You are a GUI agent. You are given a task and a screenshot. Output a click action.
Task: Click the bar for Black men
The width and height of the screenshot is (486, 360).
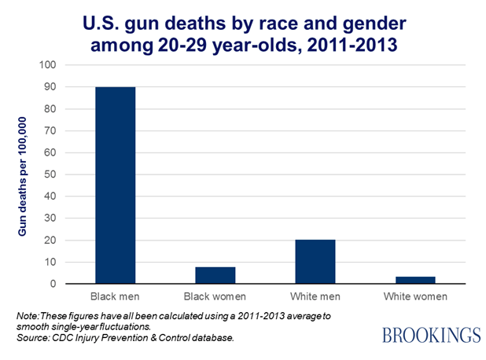pos(115,185)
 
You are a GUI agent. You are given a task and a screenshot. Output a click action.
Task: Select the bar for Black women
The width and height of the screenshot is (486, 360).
pos(215,275)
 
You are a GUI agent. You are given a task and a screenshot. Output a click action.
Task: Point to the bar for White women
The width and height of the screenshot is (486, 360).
pos(415,280)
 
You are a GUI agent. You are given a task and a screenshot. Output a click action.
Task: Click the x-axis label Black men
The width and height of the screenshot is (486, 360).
pos(115,297)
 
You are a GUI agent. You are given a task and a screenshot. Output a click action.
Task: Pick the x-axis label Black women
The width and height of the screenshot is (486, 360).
pos(215,297)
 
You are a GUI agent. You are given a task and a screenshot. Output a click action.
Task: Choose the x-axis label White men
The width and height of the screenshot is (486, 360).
pos(315,297)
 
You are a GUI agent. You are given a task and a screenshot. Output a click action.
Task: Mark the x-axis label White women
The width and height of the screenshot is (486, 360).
pos(415,297)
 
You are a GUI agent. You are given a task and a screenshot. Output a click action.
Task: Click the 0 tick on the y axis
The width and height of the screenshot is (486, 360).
pos(53,284)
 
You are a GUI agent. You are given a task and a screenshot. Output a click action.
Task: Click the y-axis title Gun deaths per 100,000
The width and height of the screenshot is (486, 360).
pos(23,174)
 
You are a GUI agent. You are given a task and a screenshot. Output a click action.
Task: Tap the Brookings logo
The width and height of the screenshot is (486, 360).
pos(431,335)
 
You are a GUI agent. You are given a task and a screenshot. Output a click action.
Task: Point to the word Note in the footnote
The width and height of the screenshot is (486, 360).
pos(28,315)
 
